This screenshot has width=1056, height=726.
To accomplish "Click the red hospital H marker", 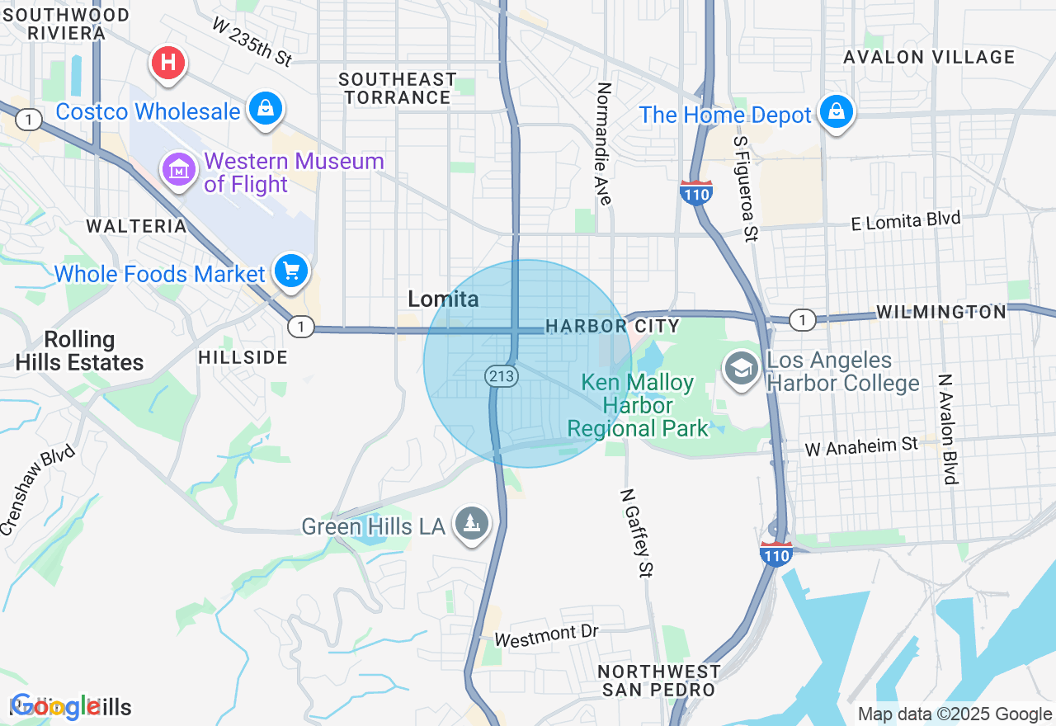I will pos(168,63).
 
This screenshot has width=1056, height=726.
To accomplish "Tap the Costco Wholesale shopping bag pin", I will pos(266,108).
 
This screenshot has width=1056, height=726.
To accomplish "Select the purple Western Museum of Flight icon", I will pos(179,170).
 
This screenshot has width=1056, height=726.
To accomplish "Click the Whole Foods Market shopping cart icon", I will pos(290,270).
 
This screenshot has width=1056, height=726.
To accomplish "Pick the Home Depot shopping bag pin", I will pos(837,111).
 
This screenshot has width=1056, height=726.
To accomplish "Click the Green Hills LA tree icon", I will pos(472,523).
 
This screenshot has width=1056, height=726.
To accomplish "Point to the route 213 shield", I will pos(502,376).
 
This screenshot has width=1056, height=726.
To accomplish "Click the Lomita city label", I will pos(443,299).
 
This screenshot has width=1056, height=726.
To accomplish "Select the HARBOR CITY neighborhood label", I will pos(612,327).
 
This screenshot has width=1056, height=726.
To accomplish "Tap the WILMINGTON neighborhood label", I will pos(941,312).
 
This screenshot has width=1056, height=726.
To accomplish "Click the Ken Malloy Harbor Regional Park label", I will pos(638,406).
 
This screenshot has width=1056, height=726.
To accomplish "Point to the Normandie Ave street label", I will pos(605,144).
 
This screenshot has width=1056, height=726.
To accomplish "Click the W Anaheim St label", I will pos(861,446).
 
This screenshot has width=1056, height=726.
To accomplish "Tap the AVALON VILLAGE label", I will pos(928,57).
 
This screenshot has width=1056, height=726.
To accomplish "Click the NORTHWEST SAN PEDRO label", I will pos(659,681).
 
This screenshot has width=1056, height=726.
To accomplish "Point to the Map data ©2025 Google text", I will pos(955,714).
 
